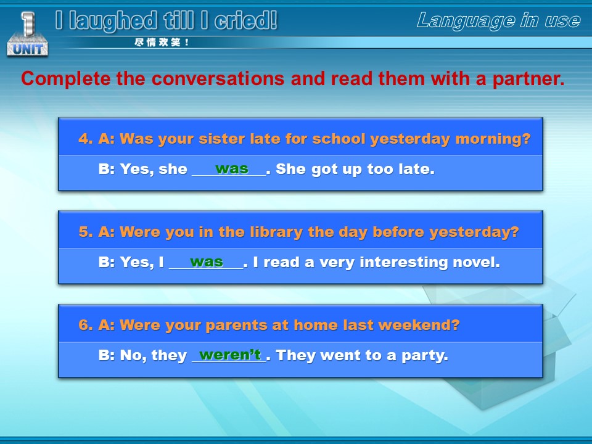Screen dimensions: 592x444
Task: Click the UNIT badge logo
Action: tap(27, 34)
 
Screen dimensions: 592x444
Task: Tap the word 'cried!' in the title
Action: tap(246, 20)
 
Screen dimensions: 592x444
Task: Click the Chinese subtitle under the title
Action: tap(162, 43)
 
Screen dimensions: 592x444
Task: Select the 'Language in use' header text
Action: tap(498, 20)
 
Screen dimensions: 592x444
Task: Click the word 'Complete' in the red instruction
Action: tap(66, 78)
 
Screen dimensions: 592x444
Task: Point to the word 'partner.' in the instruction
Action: tap(528, 78)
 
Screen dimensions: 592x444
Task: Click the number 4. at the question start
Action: tap(86, 139)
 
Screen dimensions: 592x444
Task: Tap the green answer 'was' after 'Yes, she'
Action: tap(232, 168)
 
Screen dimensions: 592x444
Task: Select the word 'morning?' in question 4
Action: tap(493, 139)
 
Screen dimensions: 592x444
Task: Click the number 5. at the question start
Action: tap(86, 231)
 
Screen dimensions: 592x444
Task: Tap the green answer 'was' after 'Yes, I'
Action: tap(207, 261)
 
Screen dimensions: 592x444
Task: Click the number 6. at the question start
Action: tap(86, 325)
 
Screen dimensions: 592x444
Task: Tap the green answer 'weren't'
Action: tap(230, 355)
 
